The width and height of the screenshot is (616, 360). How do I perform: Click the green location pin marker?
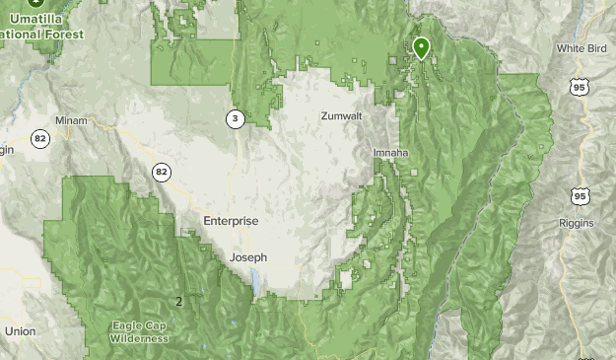[421, 46]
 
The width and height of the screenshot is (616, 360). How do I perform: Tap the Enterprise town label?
[231, 221]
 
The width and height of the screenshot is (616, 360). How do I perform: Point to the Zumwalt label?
[341, 116]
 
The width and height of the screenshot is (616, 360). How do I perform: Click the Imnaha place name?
[391, 154]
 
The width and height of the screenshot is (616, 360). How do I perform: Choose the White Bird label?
[579, 48]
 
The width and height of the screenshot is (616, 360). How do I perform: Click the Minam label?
[72, 121]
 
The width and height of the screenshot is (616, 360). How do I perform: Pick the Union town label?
[20, 331]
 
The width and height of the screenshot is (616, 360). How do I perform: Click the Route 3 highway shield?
[235, 119]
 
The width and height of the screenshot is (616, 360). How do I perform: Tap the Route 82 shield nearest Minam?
[39, 139]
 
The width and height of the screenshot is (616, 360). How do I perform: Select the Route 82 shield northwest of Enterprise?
[162, 173]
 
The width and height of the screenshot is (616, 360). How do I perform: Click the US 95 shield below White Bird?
[578, 88]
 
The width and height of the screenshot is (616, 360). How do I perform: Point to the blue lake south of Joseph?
[254, 284]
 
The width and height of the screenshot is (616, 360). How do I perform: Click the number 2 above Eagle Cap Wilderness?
[178, 302]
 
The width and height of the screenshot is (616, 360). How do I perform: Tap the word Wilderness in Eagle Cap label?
[139, 338]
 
